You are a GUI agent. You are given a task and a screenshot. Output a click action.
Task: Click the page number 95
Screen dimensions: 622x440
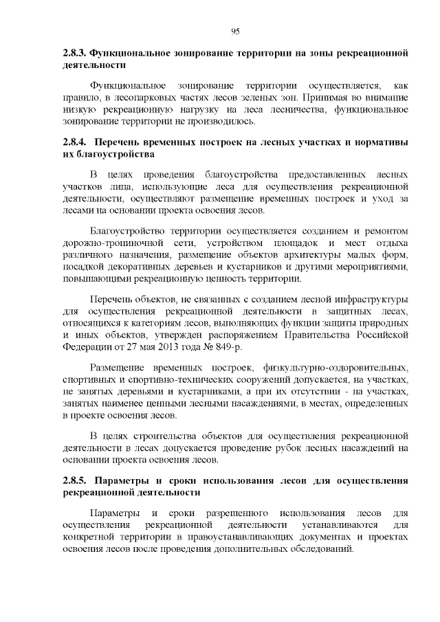coord(235,31)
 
